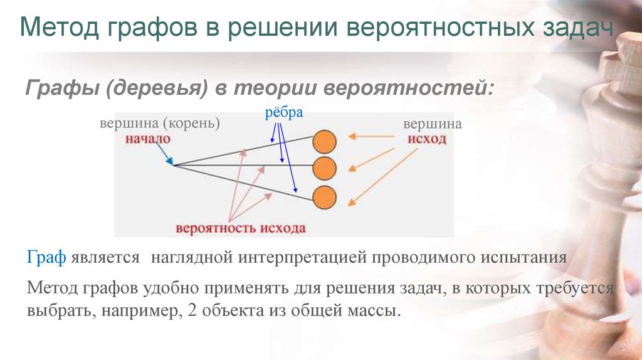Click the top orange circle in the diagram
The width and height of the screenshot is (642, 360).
click(324, 142)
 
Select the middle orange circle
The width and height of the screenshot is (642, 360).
click(324, 168)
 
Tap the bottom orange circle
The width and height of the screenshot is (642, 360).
click(324, 198)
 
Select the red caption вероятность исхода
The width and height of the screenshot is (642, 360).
click(241, 228)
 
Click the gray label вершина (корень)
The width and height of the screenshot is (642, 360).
click(160, 123)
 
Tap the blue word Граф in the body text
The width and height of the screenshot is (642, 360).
click(46, 257)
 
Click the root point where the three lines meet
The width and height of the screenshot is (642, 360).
click(174, 165)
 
